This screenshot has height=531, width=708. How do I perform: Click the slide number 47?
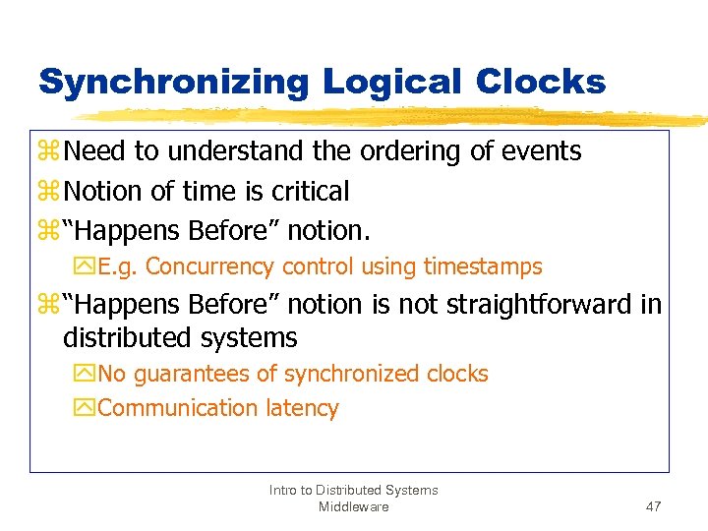[x=653, y=506]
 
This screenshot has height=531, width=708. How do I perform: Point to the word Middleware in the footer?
[x=354, y=506]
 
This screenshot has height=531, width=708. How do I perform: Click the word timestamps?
[x=483, y=266]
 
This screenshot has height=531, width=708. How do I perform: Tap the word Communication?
[x=177, y=408]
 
